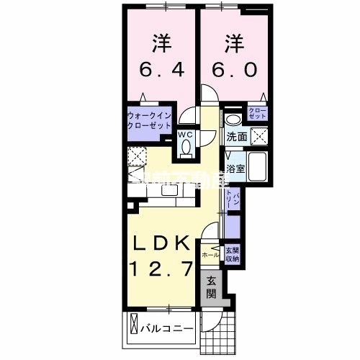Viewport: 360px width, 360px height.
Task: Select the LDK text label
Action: [x=161, y=242]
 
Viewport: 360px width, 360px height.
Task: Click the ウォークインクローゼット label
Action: [x=148, y=120]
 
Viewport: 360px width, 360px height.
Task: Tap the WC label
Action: [x=186, y=134]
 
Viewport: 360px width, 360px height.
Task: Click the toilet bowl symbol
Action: [x=186, y=147]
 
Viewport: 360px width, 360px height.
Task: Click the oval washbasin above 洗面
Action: [x=232, y=120]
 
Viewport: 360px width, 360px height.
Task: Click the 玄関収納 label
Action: [x=233, y=255]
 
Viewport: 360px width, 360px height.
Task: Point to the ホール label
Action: [x=210, y=255]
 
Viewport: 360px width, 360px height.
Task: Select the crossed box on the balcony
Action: [x=134, y=330]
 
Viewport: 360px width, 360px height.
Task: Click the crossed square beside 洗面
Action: [x=258, y=135]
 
